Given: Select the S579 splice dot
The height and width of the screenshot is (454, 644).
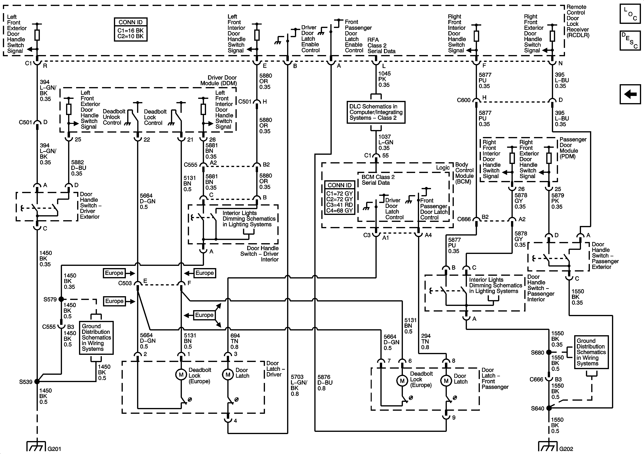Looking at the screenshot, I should click(61, 299).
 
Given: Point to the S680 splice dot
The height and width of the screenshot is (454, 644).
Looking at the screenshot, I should click(549, 352).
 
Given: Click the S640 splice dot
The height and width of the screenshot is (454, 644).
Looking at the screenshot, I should click(549, 408).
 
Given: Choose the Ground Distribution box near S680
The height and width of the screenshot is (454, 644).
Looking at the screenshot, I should click(591, 352).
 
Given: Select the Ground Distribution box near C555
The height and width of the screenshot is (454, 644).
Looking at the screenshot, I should click(96, 337).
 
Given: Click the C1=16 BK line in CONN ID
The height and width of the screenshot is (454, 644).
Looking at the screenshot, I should click(130, 30).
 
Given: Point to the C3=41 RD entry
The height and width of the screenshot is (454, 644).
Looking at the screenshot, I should click(339, 205).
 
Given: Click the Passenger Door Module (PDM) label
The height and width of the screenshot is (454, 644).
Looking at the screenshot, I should click(573, 148).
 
